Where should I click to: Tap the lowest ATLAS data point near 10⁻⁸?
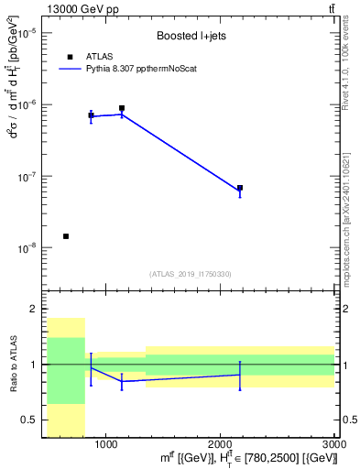[x=66, y=236]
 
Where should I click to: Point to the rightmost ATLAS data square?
[x=240, y=188]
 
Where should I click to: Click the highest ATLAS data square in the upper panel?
[x=122, y=108]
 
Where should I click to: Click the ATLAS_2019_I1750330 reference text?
[x=190, y=274]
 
